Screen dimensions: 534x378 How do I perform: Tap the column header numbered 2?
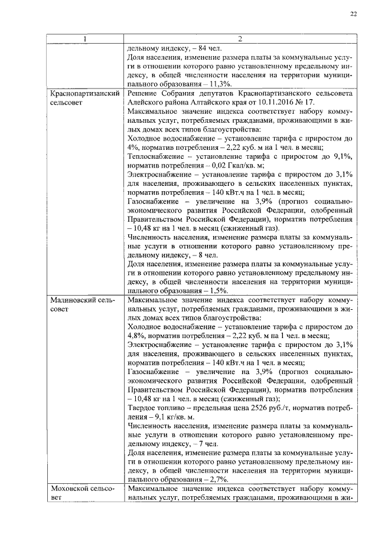pos(240,40)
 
